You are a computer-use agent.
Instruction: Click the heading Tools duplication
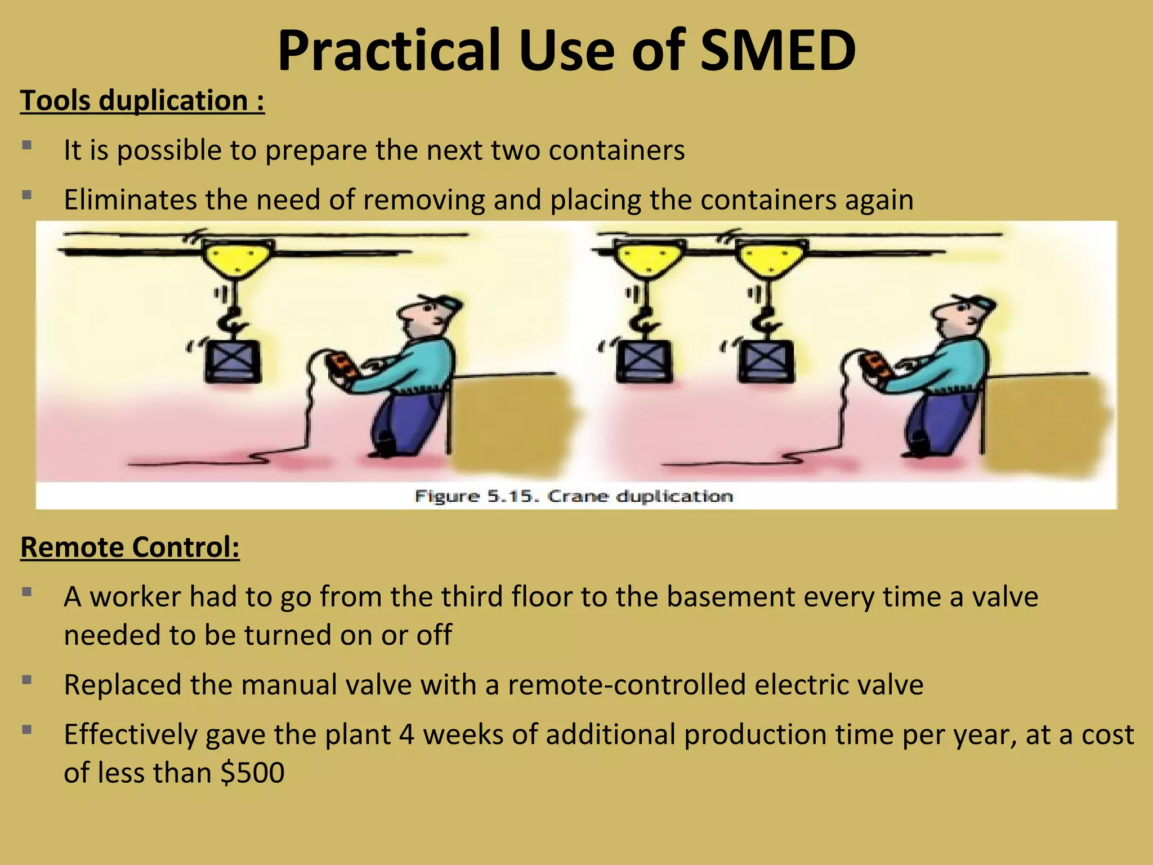click(x=142, y=101)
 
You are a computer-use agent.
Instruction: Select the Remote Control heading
click(x=130, y=547)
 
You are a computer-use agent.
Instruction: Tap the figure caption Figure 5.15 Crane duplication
click(x=574, y=496)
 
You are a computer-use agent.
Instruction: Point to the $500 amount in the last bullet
click(x=253, y=773)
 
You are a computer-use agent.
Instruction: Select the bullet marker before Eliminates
click(x=26, y=195)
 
